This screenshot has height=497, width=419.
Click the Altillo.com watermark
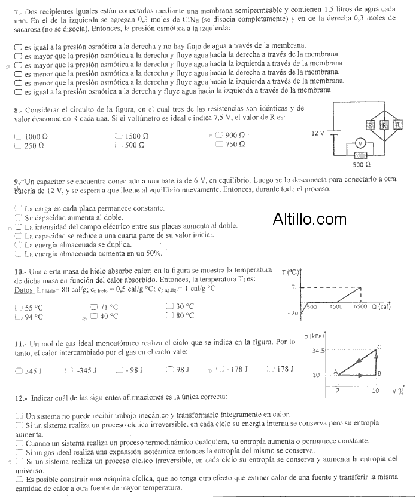(x=309, y=219)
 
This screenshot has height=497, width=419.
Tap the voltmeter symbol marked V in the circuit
(x=360, y=143)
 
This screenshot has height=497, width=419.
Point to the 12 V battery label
(x=317, y=133)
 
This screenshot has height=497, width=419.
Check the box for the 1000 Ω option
(x=17, y=136)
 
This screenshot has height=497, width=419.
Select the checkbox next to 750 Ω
(x=219, y=145)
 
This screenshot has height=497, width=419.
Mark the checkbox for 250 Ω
(x=17, y=145)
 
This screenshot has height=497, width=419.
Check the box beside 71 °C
(x=93, y=307)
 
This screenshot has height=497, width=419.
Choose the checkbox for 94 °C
(x=17, y=317)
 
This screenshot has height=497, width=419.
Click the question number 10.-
(x=20, y=271)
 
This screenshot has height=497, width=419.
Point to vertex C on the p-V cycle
(x=379, y=347)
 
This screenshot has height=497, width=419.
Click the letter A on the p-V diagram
(x=335, y=371)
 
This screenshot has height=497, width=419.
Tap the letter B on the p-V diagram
(x=379, y=373)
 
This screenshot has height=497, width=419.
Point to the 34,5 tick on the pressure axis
(x=318, y=351)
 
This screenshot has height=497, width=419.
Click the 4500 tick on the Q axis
(x=336, y=306)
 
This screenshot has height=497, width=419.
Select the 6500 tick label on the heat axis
(x=360, y=306)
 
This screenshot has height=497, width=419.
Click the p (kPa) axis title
(x=315, y=335)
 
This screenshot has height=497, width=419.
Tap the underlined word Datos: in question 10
(x=25, y=290)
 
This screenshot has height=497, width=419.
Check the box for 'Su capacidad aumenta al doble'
(x=19, y=217)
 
